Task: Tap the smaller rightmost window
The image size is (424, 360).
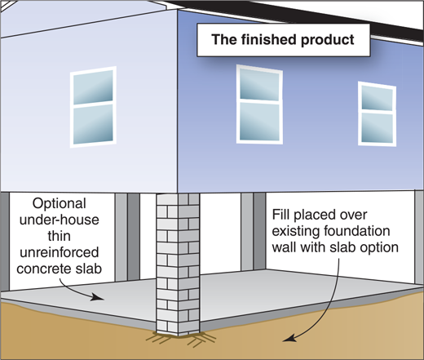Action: click(x=378, y=113)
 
